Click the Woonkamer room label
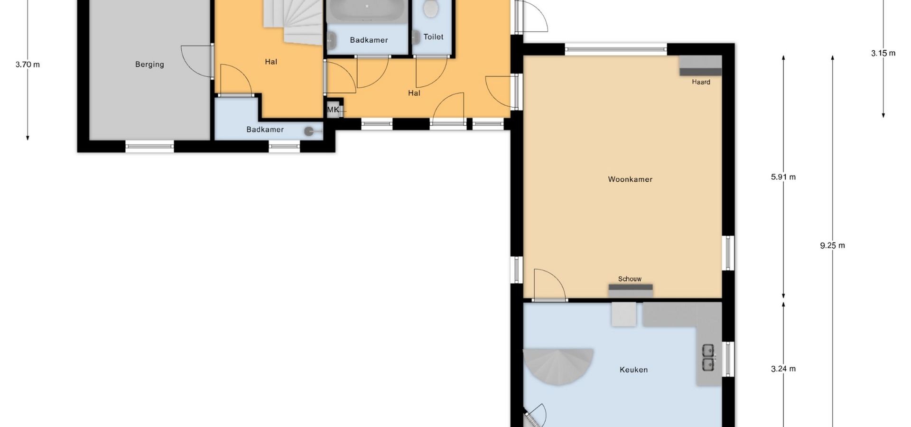click(x=630, y=179)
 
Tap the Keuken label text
click(x=633, y=370)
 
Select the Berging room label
click(x=149, y=65)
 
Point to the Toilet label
click(x=433, y=37)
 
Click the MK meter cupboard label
click(x=333, y=110)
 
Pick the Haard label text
click(x=701, y=82)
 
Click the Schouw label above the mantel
click(x=630, y=279)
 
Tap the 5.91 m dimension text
click(x=783, y=177)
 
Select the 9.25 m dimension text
click(x=832, y=245)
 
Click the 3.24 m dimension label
click(x=783, y=369)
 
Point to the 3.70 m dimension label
click(x=28, y=65)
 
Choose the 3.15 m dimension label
click(x=883, y=53)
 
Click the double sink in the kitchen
click(x=708, y=357)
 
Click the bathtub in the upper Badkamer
click(x=367, y=11)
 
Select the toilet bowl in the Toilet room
click(x=430, y=9)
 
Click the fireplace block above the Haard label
click(x=700, y=66)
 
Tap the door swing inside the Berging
click(x=196, y=61)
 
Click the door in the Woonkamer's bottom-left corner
click(x=549, y=285)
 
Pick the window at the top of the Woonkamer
click(x=616, y=49)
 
